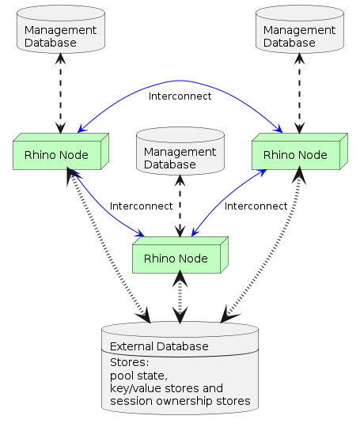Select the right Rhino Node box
tap(295, 154)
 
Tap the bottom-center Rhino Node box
tap(176, 259)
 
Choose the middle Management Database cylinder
tap(180, 155)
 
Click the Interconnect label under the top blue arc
tap(180, 96)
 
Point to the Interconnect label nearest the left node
tap(141, 206)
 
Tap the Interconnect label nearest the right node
tap(256, 206)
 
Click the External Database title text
tap(159, 346)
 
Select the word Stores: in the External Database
tap(129, 363)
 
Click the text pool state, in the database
tap(138, 376)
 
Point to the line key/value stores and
tap(166, 388)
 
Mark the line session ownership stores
tap(180, 401)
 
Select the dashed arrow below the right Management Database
tap(299, 95)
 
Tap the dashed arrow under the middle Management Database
tap(180, 206)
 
